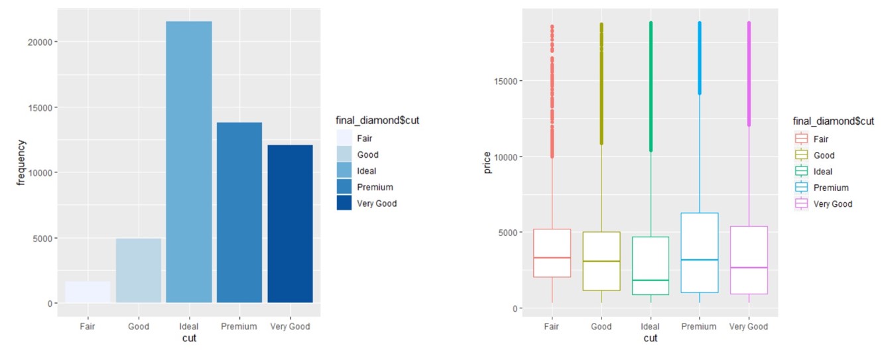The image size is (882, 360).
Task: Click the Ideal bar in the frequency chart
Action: (x=189, y=162)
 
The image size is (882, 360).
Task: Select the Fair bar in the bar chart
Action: (x=88, y=292)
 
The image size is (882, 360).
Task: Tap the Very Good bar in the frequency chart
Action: (x=290, y=224)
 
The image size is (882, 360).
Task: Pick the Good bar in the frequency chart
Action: (x=139, y=270)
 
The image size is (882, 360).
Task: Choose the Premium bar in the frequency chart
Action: (x=239, y=212)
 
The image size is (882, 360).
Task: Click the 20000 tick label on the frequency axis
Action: (x=40, y=42)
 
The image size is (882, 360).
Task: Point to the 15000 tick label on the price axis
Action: (x=505, y=81)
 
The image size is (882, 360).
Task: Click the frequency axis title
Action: (x=21, y=162)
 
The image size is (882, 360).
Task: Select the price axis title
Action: (x=487, y=162)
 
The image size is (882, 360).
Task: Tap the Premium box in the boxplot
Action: (x=700, y=253)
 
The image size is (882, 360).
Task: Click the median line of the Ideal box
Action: (x=651, y=280)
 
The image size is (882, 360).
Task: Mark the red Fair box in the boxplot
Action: (x=552, y=253)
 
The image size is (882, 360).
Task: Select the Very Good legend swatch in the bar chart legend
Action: (x=344, y=203)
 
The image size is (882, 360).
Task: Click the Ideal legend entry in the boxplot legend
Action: (x=823, y=172)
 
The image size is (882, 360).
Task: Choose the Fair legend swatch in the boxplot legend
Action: (x=801, y=139)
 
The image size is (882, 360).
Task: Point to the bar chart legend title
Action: (x=377, y=121)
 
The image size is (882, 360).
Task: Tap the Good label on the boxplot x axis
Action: (x=601, y=327)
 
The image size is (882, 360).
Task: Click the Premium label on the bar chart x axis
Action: (x=239, y=327)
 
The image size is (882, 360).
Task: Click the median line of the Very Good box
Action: (x=749, y=268)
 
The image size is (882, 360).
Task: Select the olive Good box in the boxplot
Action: (x=601, y=261)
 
